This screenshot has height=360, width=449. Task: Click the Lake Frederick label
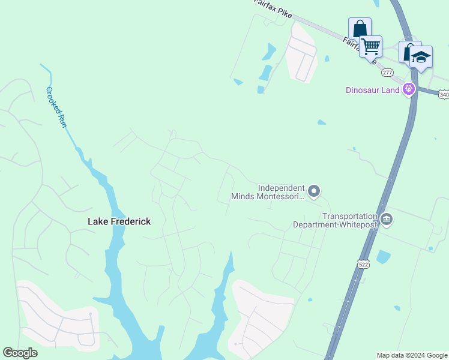pos(119,221)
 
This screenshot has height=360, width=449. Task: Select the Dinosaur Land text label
pos(372,90)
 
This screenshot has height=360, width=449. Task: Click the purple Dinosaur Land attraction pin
pos(409,89)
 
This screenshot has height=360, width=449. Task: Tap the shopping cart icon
pos(371,46)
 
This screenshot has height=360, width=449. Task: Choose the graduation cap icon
pos(421,58)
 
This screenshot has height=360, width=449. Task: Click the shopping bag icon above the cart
pos(360,28)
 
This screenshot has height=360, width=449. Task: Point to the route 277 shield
pos(387,72)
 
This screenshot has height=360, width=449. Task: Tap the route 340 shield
pos(444,95)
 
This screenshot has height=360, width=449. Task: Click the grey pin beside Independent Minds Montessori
pos(313,191)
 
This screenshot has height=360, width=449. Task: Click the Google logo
pos(20,353)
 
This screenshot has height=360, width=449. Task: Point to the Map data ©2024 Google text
pos(412,355)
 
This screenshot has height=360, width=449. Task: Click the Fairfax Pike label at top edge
pos(270,4)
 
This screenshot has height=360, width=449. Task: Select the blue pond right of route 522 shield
pos(383,257)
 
